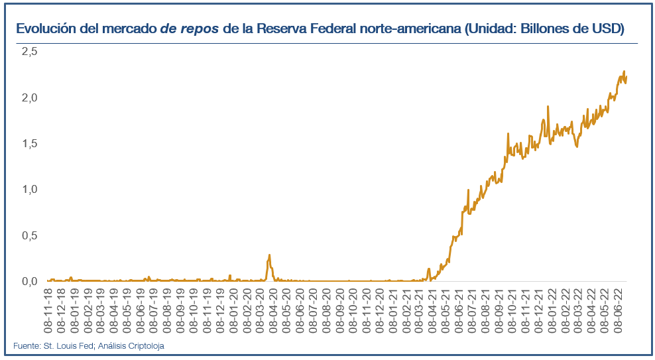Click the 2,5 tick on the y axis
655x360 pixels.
(29, 52)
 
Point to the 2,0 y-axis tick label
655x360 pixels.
(29, 97)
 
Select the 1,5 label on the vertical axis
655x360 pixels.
(29, 144)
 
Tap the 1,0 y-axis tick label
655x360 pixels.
(29, 190)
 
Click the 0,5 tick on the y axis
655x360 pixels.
(29, 235)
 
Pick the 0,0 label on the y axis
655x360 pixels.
(29, 281)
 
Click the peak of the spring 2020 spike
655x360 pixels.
(269, 255)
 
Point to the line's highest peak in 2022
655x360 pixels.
(624, 72)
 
